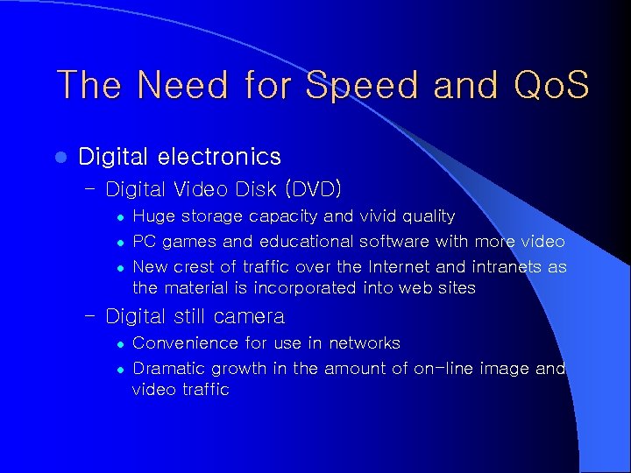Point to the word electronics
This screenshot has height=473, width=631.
tap(220, 157)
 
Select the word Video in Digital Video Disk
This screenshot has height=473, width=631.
tap(200, 188)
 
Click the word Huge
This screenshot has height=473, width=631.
tap(153, 215)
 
